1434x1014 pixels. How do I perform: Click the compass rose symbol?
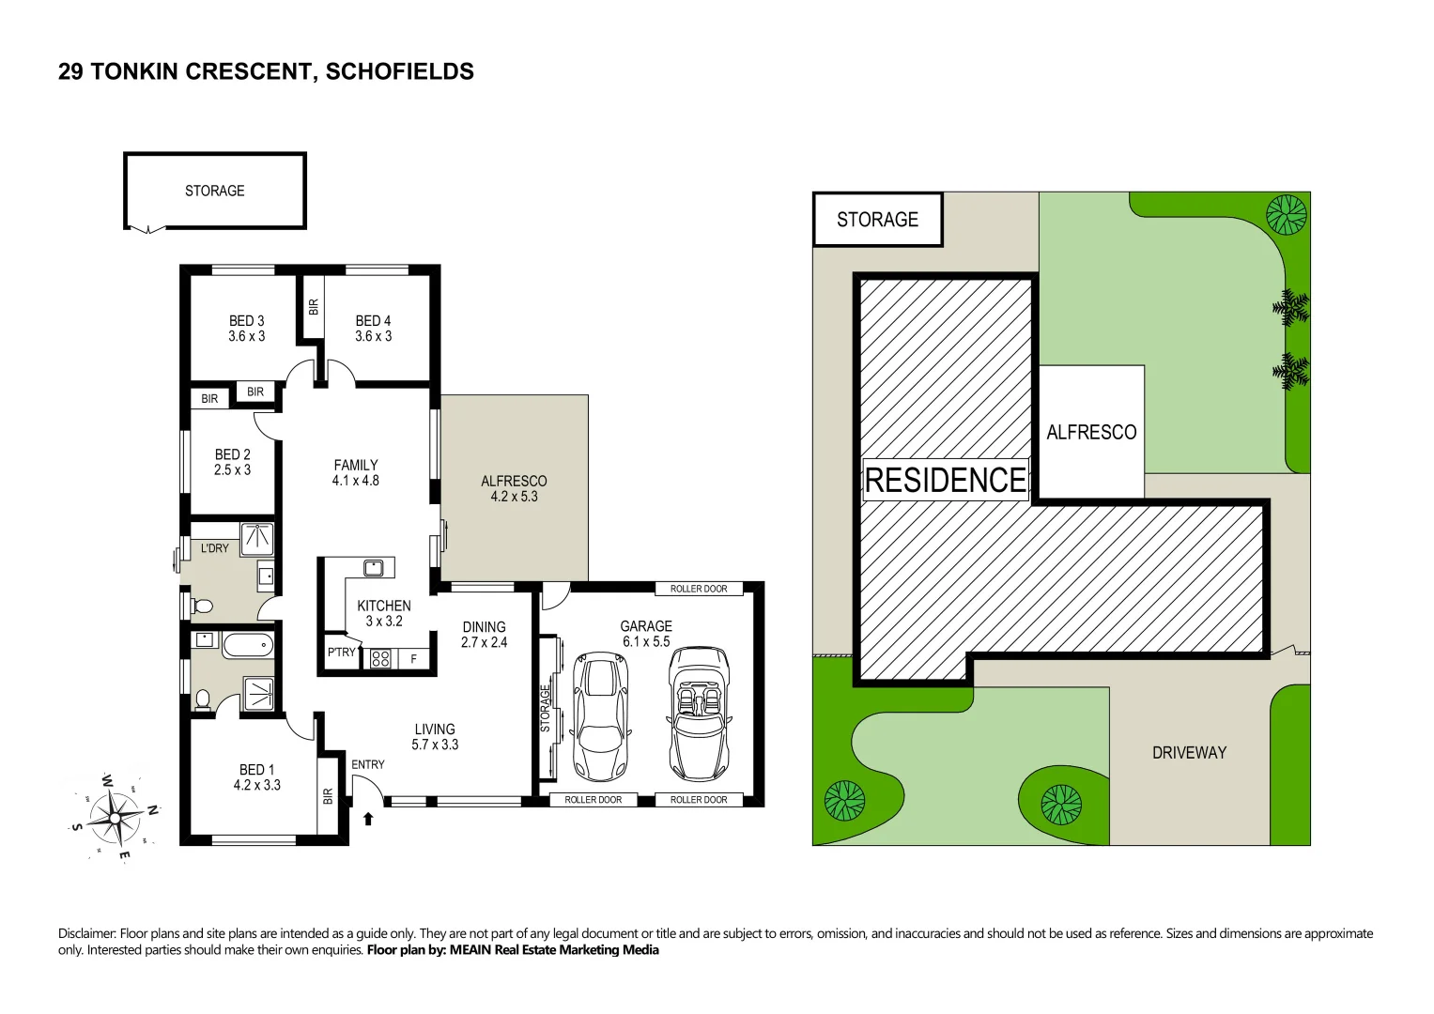(x=115, y=815)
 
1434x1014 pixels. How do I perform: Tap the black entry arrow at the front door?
(x=368, y=819)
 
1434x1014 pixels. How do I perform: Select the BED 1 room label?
(x=256, y=777)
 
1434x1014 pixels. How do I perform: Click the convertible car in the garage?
(x=700, y=713)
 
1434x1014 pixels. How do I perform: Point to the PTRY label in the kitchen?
(x=342, y=653)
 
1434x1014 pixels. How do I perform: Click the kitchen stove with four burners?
(x=380, y=659)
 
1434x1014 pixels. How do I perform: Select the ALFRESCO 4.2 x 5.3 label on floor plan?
(x=514, y=488)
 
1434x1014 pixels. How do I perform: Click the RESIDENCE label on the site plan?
(x=945, y=480)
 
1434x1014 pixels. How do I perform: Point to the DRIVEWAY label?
(x=1189, y=752)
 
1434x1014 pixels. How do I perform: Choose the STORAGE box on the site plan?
(x=877, y=220)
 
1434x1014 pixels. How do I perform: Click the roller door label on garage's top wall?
(x=699, y=589)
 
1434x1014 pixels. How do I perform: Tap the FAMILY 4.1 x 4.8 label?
(x=356, y=472)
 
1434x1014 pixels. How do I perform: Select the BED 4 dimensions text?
(x=374, y=336)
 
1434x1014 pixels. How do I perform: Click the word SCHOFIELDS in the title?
(x=399, y=71)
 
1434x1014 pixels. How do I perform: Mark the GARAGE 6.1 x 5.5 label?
(x=646, y=634)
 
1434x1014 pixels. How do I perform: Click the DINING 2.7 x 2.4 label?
(x=484, y=635)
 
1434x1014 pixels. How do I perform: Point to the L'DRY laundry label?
(x=214, y=548)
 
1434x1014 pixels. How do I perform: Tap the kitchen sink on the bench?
(x=373, y=567)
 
